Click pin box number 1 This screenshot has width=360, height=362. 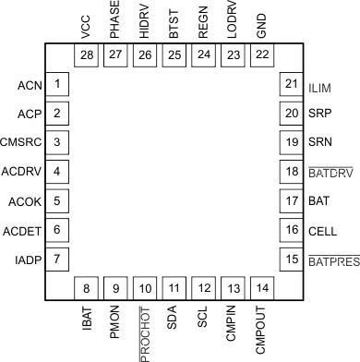(x=58, y=86)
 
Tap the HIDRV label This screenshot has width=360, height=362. (x=144, y=23)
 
